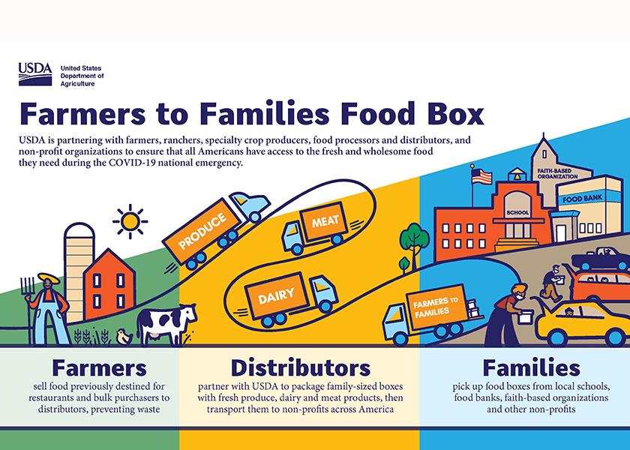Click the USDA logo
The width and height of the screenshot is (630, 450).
click(35, 74)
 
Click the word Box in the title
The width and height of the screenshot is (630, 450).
click(452, 113)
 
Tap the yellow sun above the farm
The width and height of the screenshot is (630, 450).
click(130, 221)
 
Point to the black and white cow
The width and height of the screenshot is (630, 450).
click(166, 323)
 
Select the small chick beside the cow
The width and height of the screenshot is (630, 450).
click(124, 337)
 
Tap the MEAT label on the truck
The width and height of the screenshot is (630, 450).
click(325, 221)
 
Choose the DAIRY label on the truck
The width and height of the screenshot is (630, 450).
click(276, 295)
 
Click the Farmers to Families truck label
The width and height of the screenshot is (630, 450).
click(436, 307)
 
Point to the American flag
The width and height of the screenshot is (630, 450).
click(481, 176)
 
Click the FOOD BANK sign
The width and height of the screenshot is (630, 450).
click(582, 199)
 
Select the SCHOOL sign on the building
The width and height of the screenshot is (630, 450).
click(517, 212)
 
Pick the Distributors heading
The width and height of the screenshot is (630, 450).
click(300, 367)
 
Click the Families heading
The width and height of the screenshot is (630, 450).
click(531, 367)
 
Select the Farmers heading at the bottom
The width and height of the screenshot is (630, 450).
click(99, 367)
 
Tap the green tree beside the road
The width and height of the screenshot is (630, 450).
click(414, 246)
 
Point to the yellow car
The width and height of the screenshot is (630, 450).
click(581, 323)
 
